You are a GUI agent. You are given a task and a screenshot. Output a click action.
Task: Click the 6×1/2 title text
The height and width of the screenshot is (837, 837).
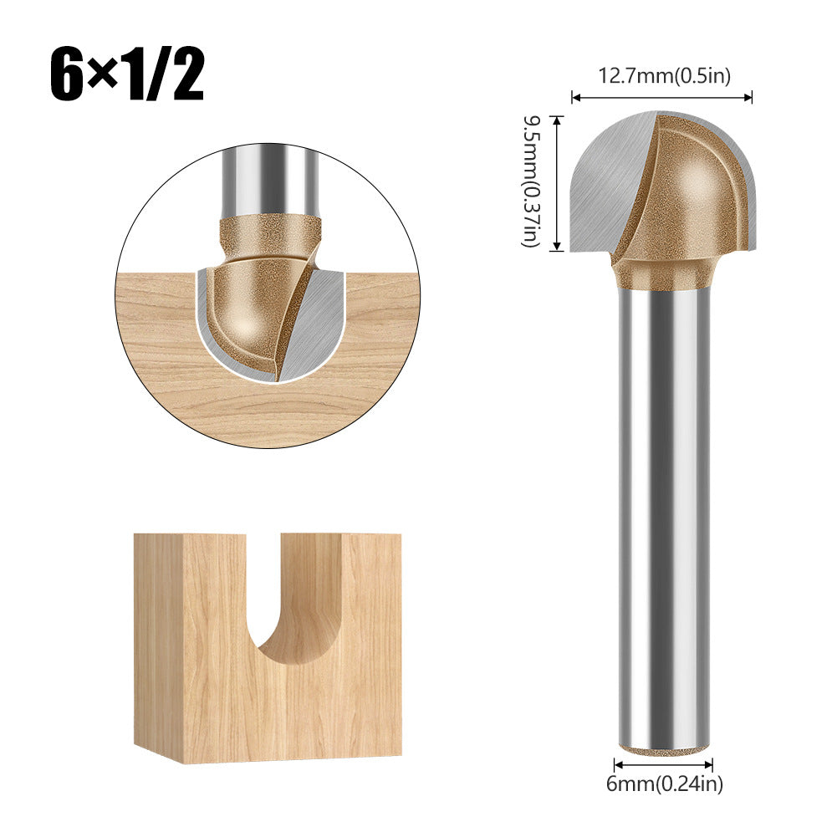[x=125, y=74]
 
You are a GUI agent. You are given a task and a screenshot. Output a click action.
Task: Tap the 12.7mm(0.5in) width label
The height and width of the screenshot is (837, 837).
[x=664, y=76]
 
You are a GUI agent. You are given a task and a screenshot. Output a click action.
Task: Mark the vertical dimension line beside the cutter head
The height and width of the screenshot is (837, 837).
[x=557, y=182]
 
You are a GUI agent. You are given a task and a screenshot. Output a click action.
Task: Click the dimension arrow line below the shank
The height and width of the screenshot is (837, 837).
[x=663, y=763]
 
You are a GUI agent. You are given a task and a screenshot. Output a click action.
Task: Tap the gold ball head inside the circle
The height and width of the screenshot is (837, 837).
[x=247, y=309]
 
